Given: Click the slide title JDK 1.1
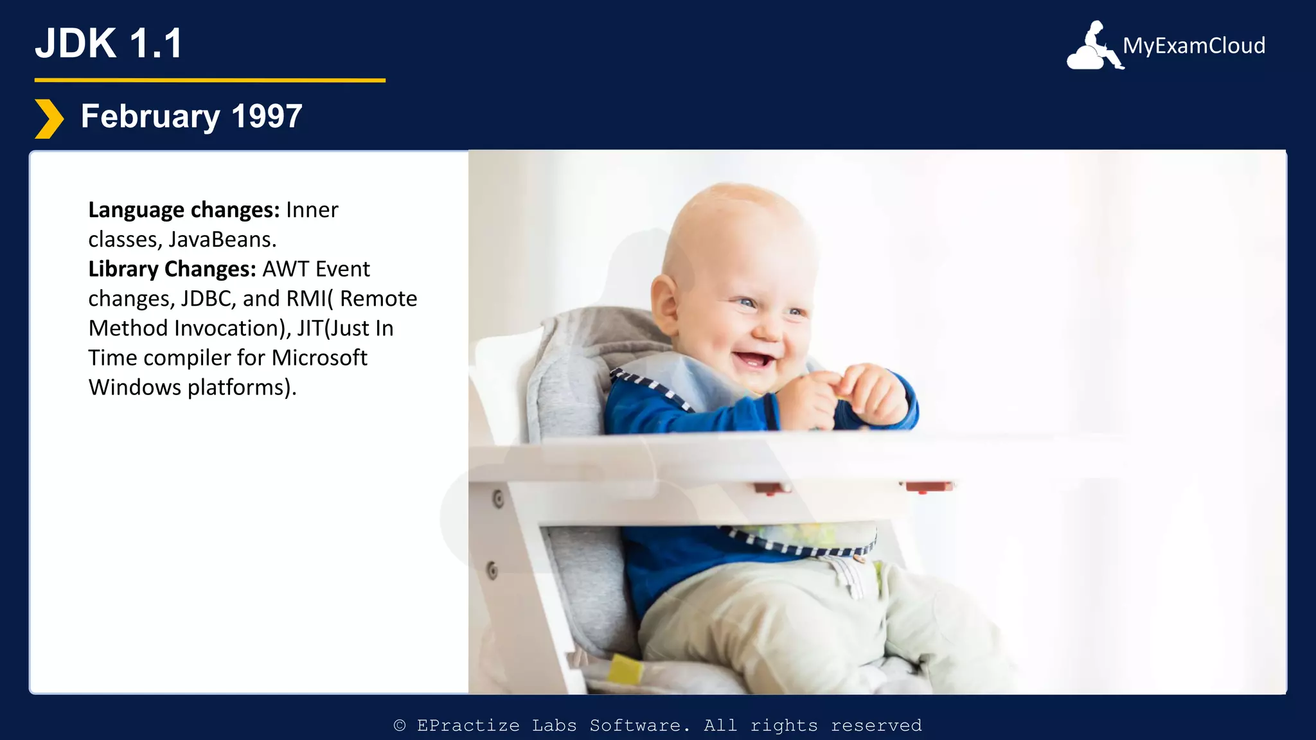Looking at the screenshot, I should pyautogui.click(x=109, y=44).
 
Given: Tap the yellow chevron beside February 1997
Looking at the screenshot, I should pyautogui.click(x=49, y=119).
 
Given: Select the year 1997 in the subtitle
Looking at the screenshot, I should pyautogui.click(x=267, y=117).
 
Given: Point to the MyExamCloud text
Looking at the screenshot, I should pyautogui.click(x=1194, y=46).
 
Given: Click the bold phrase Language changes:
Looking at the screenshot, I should pyautogui.click(x=184, y=210).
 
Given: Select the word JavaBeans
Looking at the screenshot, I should pyautogui.click(x=222, y=240).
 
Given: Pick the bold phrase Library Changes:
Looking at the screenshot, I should pyautogui.click(x=172, y=269).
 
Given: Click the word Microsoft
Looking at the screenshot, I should pyautogui.click(x=319, y=358).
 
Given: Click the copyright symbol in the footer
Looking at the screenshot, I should pyautogui.click(x=400, y=725).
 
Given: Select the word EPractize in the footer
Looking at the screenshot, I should pyautogui.click(x=468, y=725).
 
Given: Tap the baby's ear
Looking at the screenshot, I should pyautogui.click(x=665, y=302).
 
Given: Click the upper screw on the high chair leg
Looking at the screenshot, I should pyautogui.click(x=498, y=498).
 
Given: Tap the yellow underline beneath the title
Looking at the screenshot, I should pyautogui.click(x=209, y=80).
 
